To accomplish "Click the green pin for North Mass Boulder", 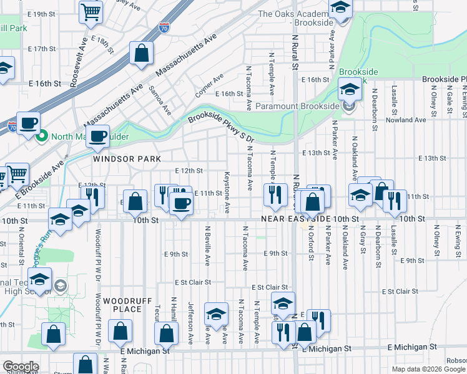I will pos(42,137).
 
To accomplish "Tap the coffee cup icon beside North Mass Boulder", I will pos(98,137).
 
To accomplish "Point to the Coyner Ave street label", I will pos(209,87).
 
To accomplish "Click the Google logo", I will pos(21,367).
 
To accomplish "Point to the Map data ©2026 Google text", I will pos(428,368).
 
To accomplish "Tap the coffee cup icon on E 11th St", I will pos(181,204).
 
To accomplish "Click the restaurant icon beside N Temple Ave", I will pos(273,195).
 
